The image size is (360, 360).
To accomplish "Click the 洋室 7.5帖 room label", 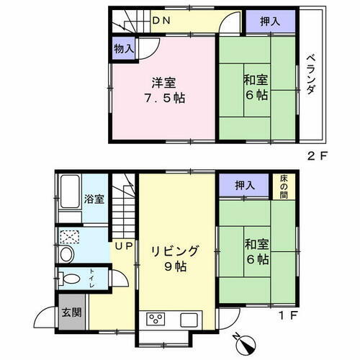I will [x=163, y=89].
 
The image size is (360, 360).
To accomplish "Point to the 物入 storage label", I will [x=123, y=49].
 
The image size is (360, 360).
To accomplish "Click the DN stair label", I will [x=161, y=21].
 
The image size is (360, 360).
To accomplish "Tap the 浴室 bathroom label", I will [x=94, y=199].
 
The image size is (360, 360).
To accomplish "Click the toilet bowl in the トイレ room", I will [x=71, y=278].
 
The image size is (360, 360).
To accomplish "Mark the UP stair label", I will [x=121, y=246].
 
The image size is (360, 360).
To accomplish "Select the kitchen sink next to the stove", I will [x=190, y=319].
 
